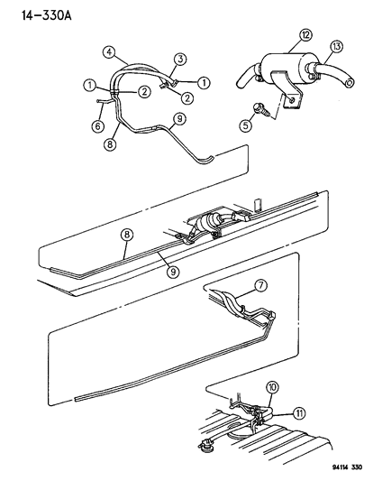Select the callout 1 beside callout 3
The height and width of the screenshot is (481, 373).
204,82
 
